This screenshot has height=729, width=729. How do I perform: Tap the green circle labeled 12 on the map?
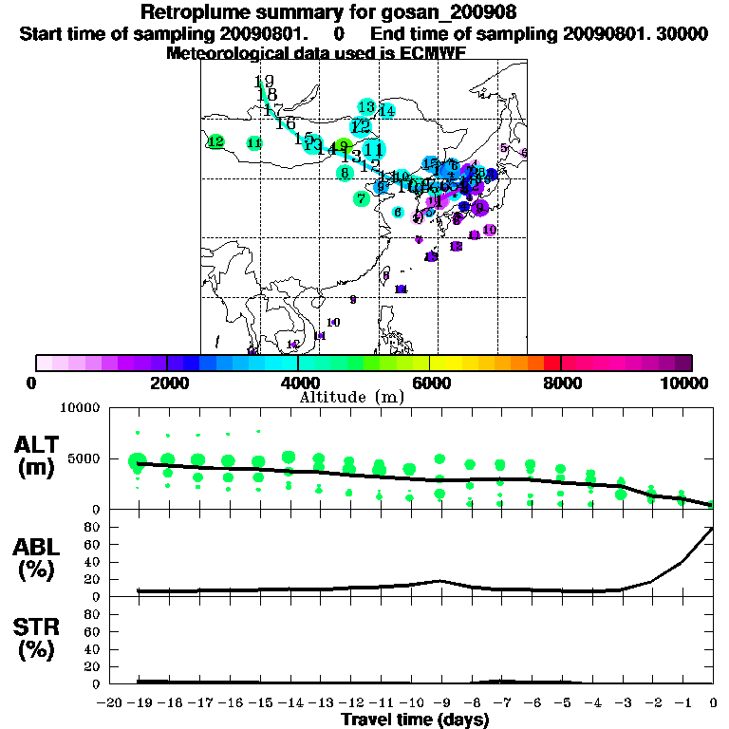click(x=216, y=141)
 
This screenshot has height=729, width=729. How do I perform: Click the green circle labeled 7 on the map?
click(x=361, y=198)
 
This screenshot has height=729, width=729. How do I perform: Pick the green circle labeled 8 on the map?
click(x=345, y=173)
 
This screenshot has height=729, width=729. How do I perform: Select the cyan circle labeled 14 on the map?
click(x=386, y=111)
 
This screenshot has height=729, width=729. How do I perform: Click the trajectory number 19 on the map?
click(x=264, y=83)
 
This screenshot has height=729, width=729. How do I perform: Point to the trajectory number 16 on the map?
click(x=286, y=123)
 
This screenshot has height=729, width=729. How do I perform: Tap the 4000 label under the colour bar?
click(x=298, y=383)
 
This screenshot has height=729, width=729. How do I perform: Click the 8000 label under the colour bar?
click(x=561, y=383)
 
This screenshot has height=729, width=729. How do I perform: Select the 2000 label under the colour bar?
click(x=167, y=383)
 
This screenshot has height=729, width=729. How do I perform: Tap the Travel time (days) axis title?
click(x=415, y=720)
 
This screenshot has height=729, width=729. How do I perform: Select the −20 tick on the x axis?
click(x=112, y=702)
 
